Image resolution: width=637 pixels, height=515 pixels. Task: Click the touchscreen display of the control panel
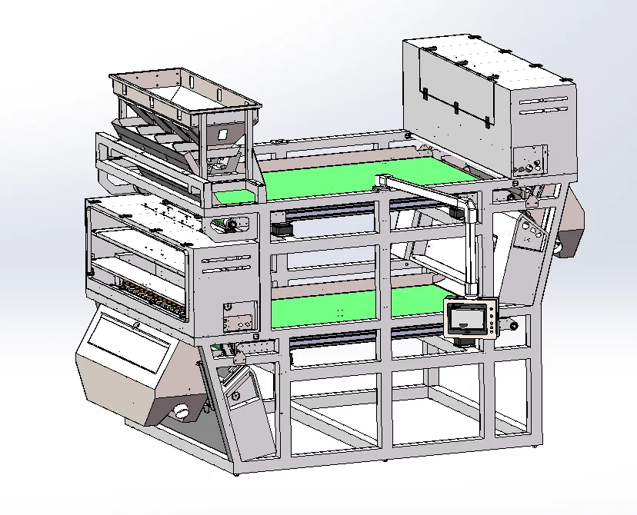(469, 318)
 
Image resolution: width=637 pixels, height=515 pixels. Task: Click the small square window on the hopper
(222, 133)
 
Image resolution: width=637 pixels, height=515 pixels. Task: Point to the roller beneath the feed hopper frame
(225, 224)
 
